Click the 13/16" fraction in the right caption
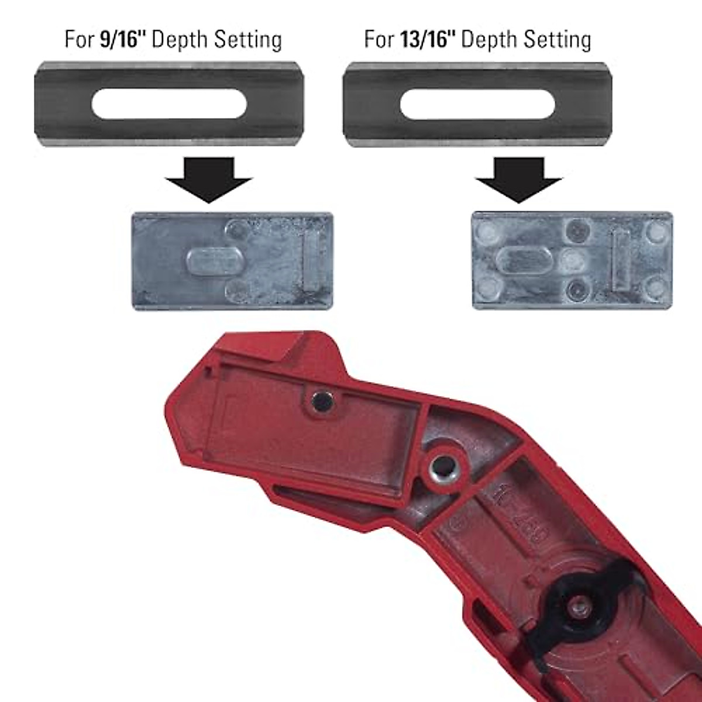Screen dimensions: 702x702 click(x=428, y=40)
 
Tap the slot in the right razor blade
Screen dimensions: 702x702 click(x=477, y=105)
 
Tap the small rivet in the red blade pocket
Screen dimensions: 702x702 click(x=322, y=401)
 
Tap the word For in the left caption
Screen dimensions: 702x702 click(x=79, y=40)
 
